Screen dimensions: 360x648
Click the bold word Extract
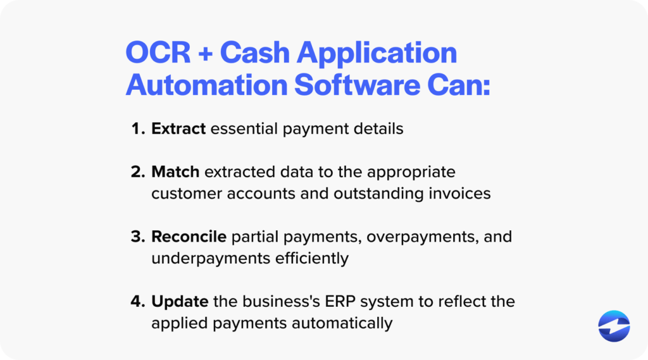pos(178,129)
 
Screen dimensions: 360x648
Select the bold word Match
pos(175,172)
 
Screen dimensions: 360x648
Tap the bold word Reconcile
pos(189,237)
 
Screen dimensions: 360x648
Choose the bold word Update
pos(180,302)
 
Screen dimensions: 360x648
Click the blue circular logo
pos(614,326)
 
